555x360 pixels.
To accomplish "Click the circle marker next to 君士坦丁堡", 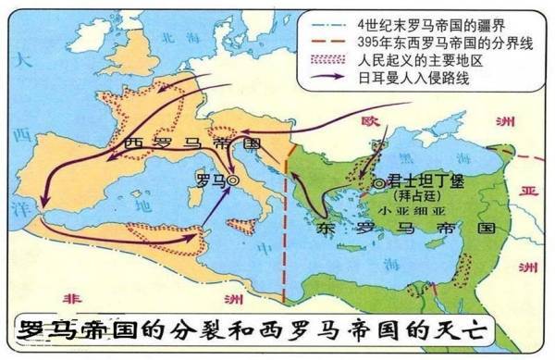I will (x=378, y=183).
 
